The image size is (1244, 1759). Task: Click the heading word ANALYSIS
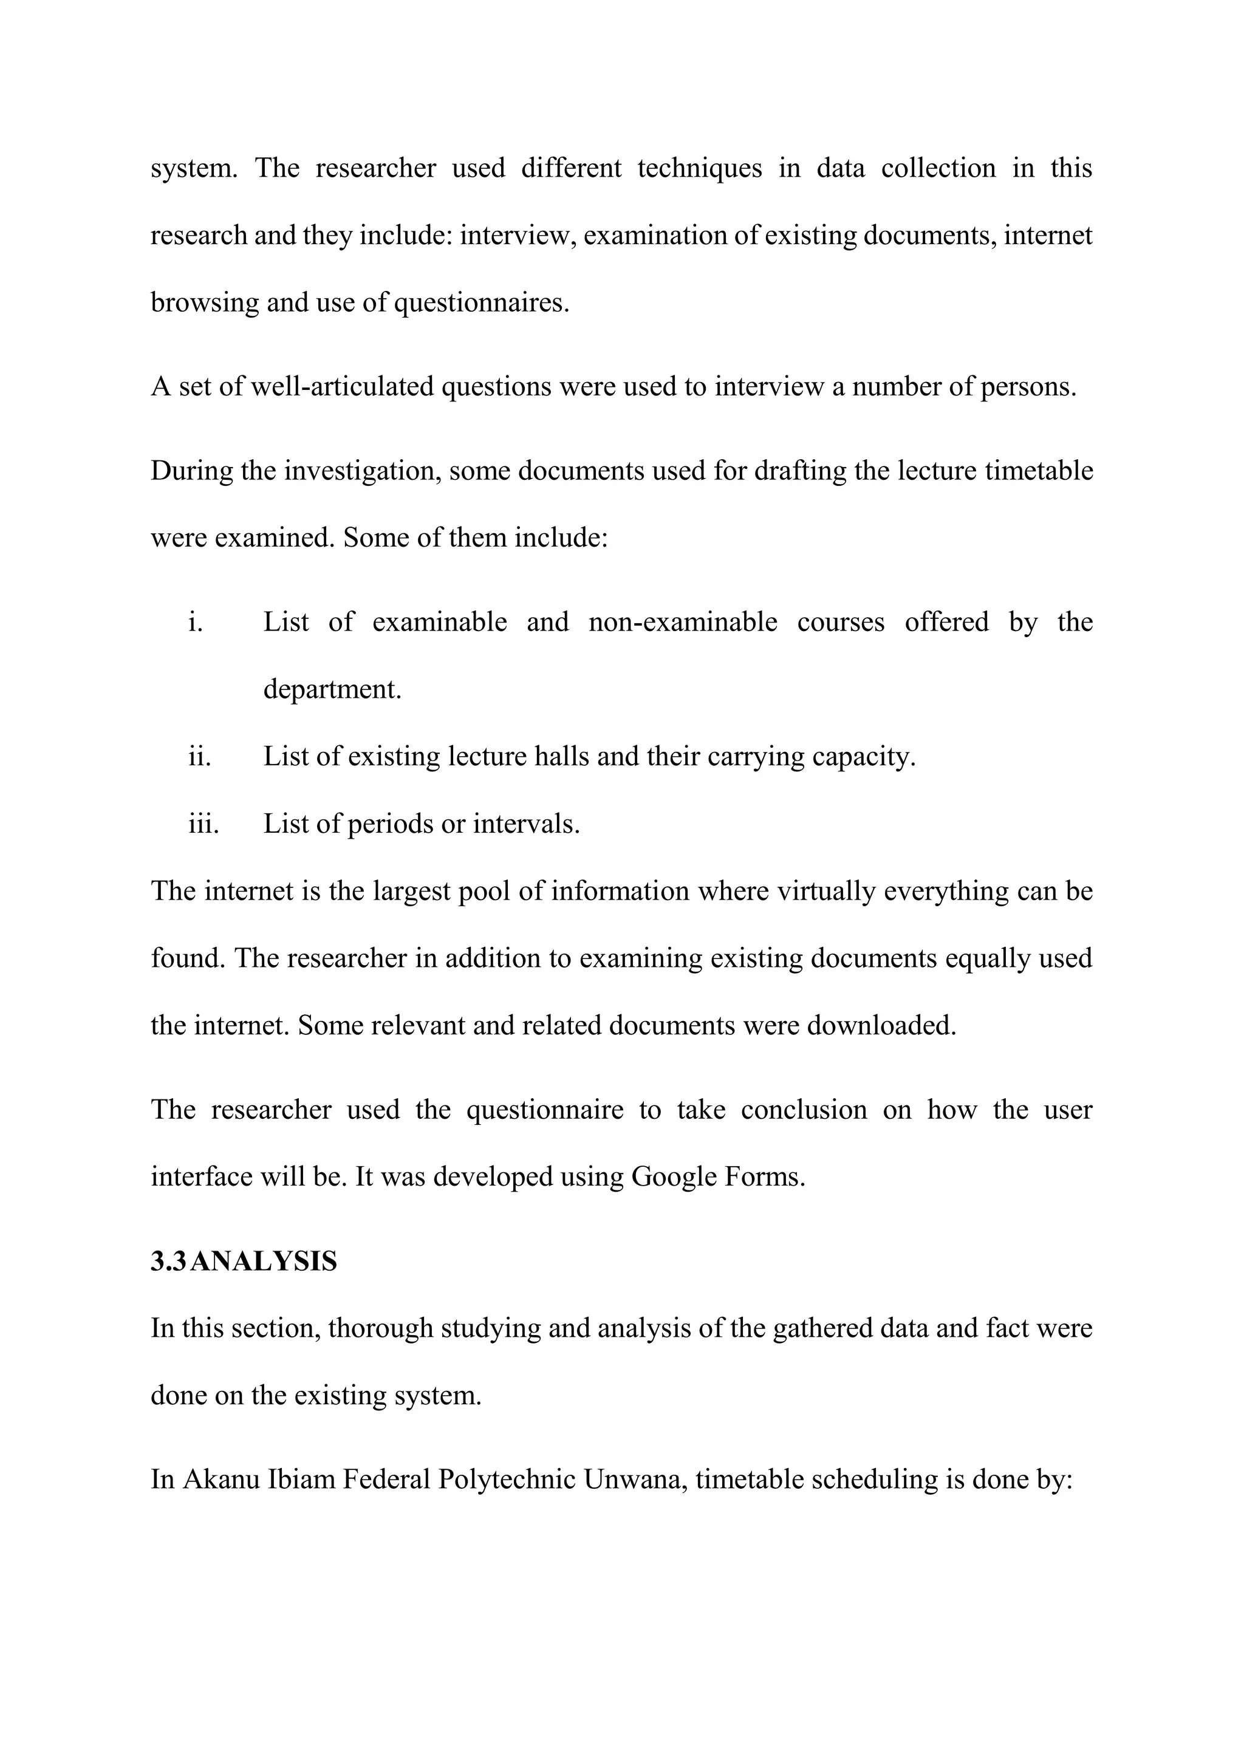[263, 1261]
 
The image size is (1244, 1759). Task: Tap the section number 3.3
[167, 1261]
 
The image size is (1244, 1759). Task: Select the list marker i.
[196, 621]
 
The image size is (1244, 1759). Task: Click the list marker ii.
[199, 756]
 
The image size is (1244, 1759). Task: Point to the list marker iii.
[203, 824]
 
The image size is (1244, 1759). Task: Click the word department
[332, 689]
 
